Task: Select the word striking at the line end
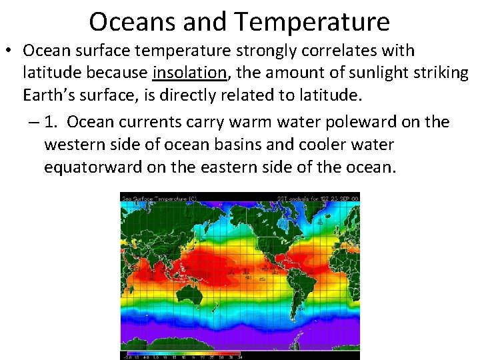pyautogui.click(x=441, y=73)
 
